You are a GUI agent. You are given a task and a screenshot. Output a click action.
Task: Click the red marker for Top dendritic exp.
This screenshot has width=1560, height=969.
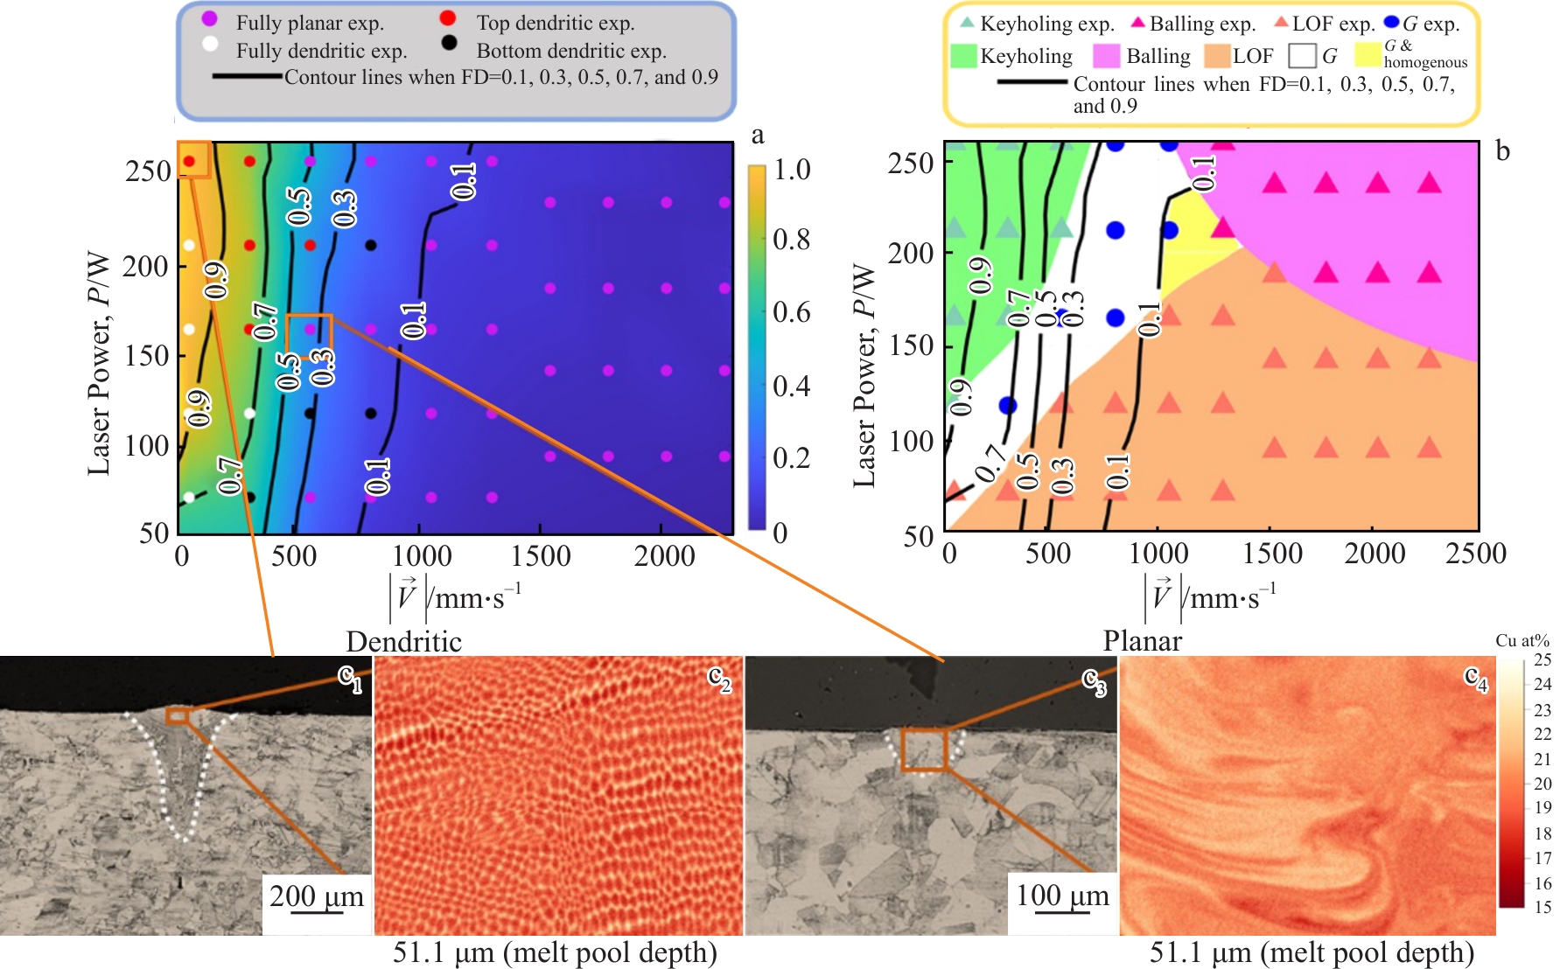coord(448,18)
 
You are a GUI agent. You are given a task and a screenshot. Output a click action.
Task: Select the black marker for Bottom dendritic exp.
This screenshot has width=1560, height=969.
coord(449,42)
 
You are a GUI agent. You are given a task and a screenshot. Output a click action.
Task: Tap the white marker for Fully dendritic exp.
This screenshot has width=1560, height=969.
coord(210,44)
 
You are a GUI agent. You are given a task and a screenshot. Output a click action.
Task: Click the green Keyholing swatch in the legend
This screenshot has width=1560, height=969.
coord(963,56)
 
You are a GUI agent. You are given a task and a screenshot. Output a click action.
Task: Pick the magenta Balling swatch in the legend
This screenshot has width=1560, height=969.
coord(1107,56)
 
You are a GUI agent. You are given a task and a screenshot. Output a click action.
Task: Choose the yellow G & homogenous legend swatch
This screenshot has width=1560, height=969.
coord(1368,54)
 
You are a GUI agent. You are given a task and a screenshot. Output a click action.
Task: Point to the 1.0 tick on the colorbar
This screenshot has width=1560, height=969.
coord(792,169)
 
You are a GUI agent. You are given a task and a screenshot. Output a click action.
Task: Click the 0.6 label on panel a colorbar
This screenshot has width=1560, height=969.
coord(792,312)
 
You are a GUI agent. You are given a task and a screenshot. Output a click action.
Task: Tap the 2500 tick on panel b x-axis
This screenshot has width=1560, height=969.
coord(1475,554)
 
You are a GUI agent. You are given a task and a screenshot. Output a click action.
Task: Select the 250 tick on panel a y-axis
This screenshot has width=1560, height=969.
coord(148,171)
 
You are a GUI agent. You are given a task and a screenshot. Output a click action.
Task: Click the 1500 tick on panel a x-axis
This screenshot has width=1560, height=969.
coord(541,556)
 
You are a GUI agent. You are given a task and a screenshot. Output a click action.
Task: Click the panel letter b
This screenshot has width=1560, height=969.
coord(1502,151)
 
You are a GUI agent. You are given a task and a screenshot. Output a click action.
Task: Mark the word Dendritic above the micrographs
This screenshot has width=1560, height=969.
coord(403,641)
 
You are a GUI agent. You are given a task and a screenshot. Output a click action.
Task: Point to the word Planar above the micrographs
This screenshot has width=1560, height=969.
coord(1142,641)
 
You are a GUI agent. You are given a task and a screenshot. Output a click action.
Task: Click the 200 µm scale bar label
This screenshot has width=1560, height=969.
coord(316,896)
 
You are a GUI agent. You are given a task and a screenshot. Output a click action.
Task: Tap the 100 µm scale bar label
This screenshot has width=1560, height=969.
coord(1062,896)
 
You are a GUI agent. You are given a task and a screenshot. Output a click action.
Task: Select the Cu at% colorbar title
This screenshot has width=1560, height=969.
coord(1522,640)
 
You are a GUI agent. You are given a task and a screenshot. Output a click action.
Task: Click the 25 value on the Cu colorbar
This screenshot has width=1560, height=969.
coord(1543,659)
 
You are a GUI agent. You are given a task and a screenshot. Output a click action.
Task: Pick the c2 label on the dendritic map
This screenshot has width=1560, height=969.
coord(719,678)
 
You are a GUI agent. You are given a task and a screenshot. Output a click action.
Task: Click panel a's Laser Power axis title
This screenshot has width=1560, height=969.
coord(99,363)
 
